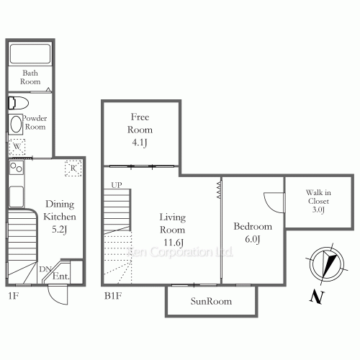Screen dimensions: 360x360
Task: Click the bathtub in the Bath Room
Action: coord(30,54)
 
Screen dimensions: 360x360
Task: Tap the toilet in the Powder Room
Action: coord(18,103)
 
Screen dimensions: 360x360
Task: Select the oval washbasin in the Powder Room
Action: coord(16,124)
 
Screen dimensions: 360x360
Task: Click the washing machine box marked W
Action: coord(17,147)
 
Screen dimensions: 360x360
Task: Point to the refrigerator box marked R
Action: coord(73,168)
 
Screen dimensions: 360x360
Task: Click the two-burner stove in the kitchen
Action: coord(17,168)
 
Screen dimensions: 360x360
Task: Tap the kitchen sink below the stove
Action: coord(17,197)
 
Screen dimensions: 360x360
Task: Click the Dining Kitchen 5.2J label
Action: coord(60,217)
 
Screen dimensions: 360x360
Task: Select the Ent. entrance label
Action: coord(61,276)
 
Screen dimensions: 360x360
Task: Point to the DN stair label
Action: coord(45,269)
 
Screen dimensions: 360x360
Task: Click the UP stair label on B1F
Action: coord(117,185)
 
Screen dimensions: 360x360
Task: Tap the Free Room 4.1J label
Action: coord(140,130)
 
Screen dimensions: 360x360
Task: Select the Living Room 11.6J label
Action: coord(172,230)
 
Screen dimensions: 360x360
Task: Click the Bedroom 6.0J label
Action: coord(253,233)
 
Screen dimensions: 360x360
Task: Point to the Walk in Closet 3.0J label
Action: coord(318,201)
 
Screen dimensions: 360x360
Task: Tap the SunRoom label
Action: coord(211,301)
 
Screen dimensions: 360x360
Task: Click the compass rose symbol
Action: coord(327,264)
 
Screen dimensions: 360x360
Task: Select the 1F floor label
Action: coord(14,296)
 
